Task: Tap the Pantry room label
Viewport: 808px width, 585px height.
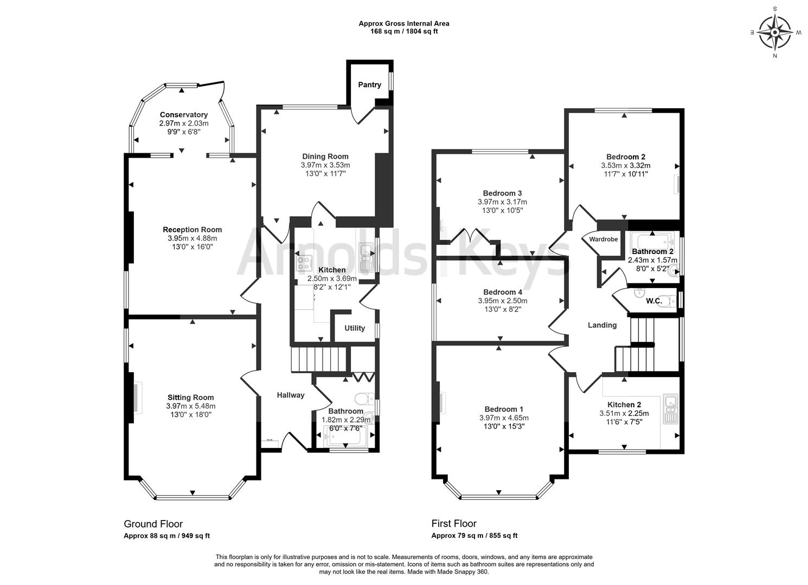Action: tap(369, 84)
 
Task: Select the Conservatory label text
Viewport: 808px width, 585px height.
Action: tap(184, 115)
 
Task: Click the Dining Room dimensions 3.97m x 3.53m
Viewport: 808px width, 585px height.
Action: tap(325, 165)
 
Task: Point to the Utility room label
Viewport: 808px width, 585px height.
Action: tap(355, 328)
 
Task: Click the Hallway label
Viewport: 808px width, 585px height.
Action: tap(291, 395)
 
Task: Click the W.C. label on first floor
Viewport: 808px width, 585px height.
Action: tap(653, 301)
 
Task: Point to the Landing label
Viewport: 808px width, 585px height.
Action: tap(602, 325)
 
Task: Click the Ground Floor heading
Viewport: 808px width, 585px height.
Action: tap(153, 524)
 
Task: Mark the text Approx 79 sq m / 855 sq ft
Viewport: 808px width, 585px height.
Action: tap(474, 536)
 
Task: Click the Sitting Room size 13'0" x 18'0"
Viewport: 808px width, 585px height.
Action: tap(190, 414)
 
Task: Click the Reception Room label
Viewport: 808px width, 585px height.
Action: tap(193, 230)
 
